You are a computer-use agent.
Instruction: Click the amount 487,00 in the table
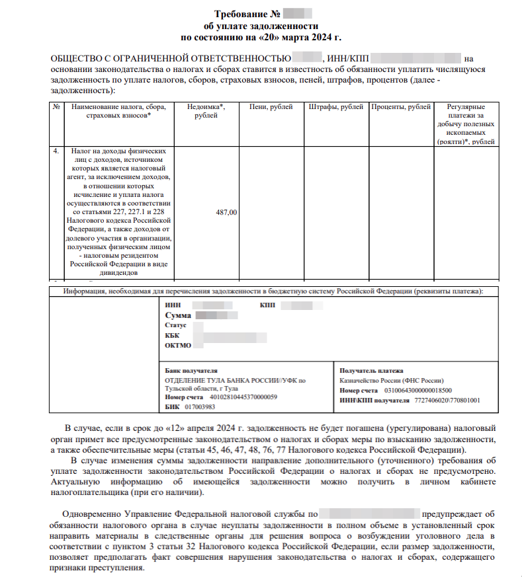click(x=226, y=212)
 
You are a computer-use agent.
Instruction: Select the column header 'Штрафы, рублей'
click(x=335, y=107)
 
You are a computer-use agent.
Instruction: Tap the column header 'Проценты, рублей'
click(x=400, y=107)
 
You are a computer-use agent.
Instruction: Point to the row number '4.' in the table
click(x=57, y=151)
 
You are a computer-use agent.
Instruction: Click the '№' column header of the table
click(x=57, y=107)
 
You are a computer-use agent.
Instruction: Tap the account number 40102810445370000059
click(x=243, y=397)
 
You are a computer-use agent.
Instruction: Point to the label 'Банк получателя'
click(x=191, y=371)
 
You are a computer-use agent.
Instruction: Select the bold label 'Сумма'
click(x=178, y=315)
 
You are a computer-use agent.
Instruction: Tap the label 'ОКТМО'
click(x=179, y=345)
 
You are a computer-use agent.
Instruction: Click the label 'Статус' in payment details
click(x=176, y=325)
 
